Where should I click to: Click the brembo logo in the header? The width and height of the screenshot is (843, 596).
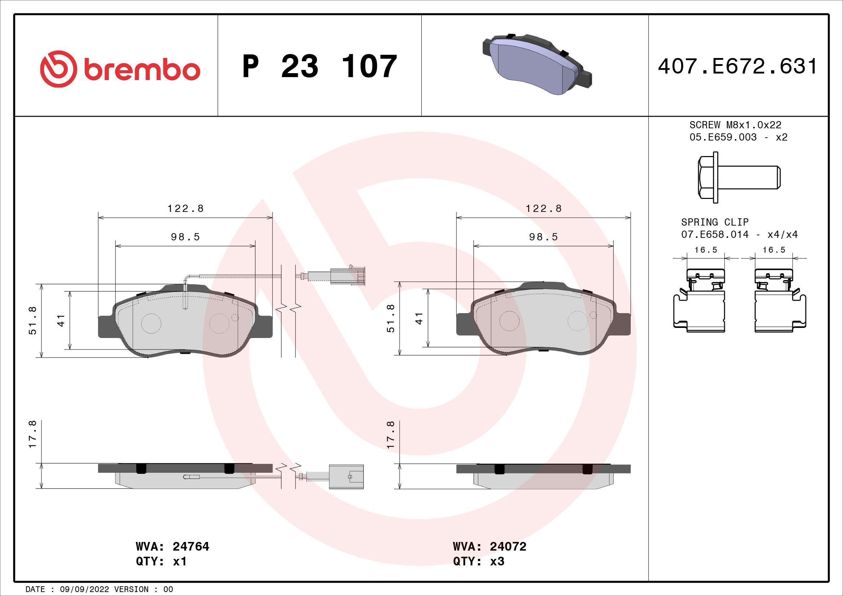120,69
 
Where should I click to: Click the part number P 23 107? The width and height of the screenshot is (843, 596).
319,67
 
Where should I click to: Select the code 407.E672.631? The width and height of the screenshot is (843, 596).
738,67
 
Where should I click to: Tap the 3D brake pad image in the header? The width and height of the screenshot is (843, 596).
536,65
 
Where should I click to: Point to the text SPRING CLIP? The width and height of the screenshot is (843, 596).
714,222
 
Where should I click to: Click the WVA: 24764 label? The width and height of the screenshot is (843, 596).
172,547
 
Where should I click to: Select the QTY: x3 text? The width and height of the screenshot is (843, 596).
479,561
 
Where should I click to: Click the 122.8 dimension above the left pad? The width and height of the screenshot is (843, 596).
185,208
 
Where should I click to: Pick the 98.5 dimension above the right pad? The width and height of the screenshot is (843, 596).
543,237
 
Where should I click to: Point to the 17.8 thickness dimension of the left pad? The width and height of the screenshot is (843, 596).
32,434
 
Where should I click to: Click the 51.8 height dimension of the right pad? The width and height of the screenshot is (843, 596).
391,319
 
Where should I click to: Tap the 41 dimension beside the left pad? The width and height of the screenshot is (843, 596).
61,320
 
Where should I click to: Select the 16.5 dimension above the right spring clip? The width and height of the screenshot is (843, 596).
773,250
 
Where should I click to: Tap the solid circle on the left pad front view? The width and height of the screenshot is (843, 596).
151,323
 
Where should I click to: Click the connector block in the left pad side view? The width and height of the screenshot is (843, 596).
346,476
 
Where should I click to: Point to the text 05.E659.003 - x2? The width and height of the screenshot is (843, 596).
738,137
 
